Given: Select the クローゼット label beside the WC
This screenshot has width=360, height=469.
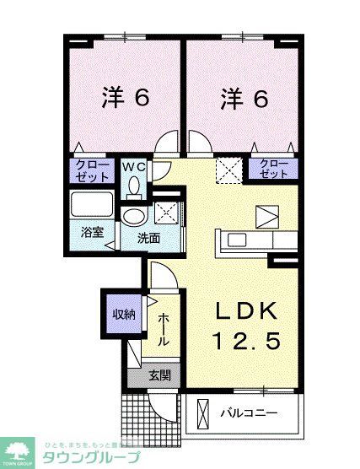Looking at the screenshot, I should [x=92, y=171].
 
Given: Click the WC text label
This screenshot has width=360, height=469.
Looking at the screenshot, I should [x=135, y=167].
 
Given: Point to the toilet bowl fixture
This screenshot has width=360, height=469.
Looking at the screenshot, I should [x=135, y=189].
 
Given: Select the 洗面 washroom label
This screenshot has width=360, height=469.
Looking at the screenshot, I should [x=149, y=239].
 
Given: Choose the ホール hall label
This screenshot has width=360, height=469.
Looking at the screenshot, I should [x=164, y=328].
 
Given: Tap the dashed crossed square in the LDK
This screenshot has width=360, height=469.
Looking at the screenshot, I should [x=227, y=170].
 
